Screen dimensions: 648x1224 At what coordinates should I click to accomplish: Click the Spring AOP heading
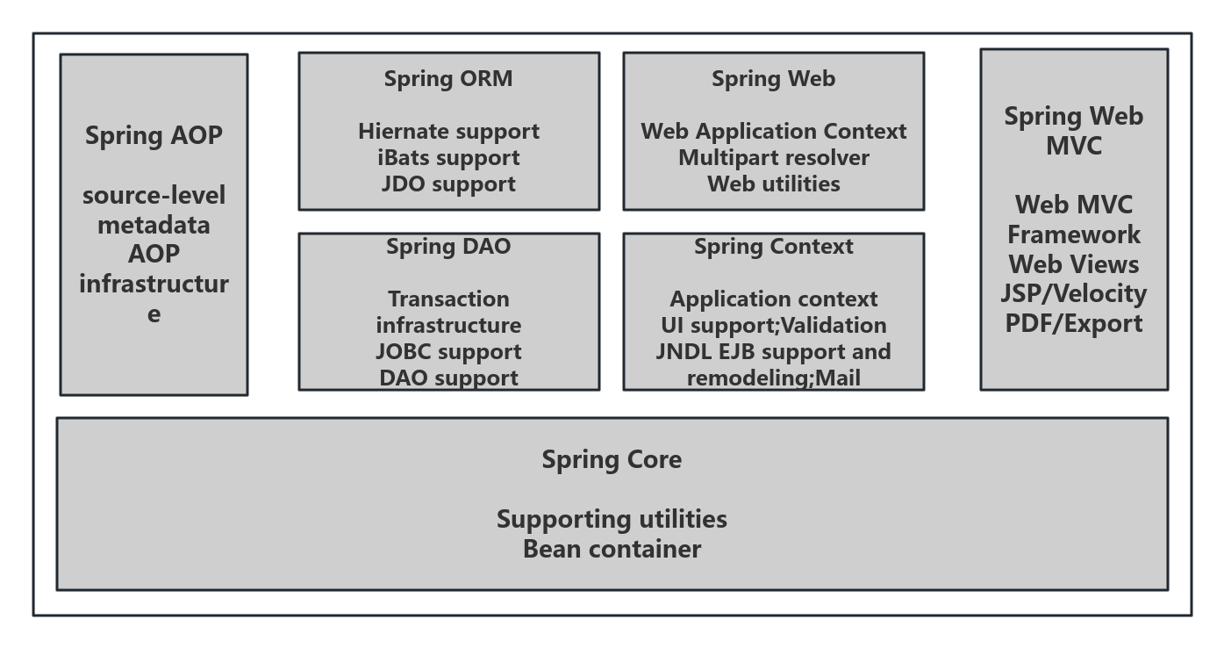[154, 136]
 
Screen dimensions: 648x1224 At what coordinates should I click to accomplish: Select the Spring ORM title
[448, 79]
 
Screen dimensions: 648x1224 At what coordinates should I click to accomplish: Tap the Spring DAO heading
[448, 247]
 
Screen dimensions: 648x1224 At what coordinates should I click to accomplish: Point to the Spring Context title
[773, 247]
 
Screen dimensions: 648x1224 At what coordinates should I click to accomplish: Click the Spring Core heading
[612, 460]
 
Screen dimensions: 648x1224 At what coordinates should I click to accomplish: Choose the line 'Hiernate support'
[448, 132]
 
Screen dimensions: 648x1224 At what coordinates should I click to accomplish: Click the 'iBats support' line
[448, 158]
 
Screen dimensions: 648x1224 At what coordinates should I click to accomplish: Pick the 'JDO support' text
[448, 184]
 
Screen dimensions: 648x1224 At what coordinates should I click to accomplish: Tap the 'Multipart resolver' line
[773, 158]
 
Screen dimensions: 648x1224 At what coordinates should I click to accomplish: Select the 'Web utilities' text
[773, 184]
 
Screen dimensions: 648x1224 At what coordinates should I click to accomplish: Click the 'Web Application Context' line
[773, 132]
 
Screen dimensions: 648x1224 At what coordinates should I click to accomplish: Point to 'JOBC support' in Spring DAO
[448, 352]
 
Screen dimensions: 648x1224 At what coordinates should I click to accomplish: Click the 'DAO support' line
[448, 378]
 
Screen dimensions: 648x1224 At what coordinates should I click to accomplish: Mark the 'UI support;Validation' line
[773, 326]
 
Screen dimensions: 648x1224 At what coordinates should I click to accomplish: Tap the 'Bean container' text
[612, 550]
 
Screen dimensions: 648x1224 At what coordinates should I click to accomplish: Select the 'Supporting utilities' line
[612, 520]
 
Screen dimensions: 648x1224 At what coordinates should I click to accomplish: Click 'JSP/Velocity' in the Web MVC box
[1073, 294]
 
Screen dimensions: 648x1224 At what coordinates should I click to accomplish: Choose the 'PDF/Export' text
[1073, 324]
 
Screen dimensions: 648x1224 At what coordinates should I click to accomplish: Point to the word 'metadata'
[154, 226]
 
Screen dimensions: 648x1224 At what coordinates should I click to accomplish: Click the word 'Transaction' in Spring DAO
[448, 299]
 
